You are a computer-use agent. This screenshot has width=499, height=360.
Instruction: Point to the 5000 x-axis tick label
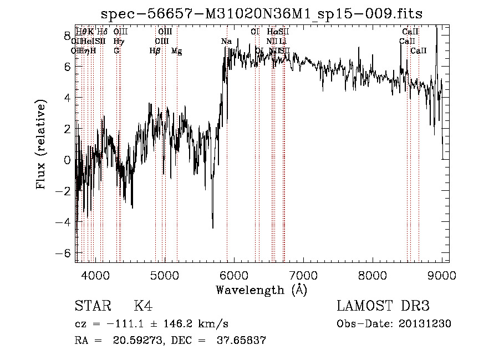[164, 275]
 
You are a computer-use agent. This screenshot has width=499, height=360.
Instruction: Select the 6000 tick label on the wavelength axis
[233, 275]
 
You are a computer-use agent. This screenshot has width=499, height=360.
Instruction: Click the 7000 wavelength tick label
[303, 275]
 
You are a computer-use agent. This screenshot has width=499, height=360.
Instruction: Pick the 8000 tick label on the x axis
[372, 275]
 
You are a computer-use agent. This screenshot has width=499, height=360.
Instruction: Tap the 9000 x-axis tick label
[441, 275]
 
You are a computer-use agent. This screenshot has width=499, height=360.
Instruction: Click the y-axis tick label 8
[68, 36]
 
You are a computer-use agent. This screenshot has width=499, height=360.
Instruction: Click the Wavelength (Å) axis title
[261, 290]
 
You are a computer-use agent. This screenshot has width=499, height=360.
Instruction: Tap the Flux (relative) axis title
[41, 145]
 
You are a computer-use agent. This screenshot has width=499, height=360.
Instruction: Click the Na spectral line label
[226, 42]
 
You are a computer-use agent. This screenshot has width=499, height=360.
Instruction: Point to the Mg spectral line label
[176, 51]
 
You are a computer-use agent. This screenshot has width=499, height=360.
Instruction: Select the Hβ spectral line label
[155, 51]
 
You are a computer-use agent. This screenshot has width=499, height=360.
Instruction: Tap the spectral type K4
[143, 306]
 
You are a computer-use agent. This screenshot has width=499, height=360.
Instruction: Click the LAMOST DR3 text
[383, 306]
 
